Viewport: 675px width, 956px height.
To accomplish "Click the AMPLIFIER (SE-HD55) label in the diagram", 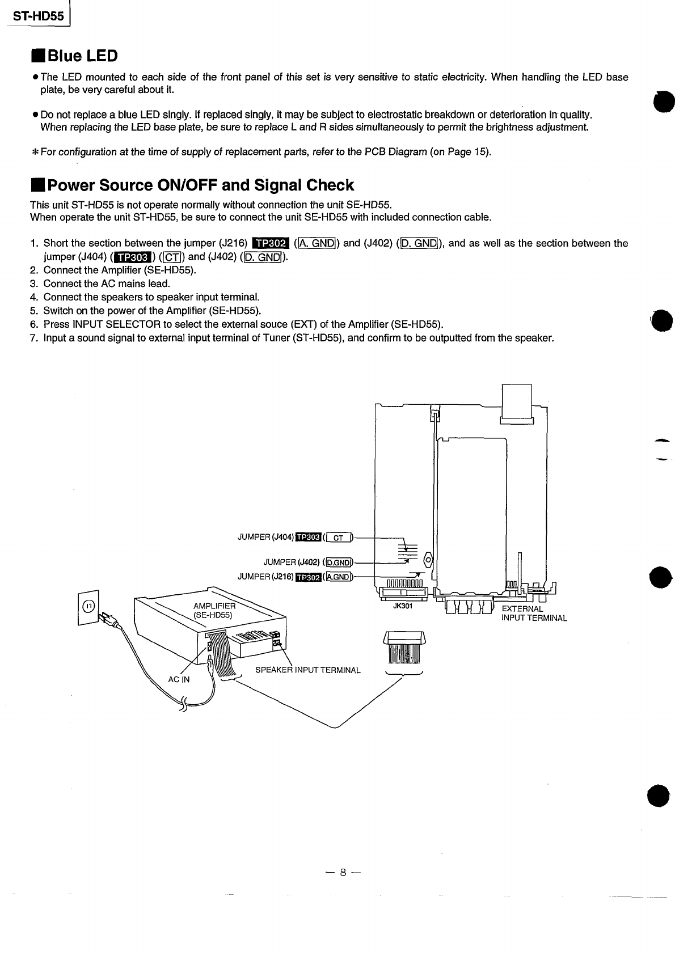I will tap(214, 611).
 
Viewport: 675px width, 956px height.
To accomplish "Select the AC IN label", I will tap(179, 679).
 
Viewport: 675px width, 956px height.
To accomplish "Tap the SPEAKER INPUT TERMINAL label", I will tap(307, 670).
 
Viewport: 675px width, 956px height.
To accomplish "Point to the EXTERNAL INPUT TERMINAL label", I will tap(533, 614).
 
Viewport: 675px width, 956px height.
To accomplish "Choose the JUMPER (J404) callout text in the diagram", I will tap(265, 537).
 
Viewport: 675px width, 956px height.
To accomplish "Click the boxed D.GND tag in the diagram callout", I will tap(337, 562).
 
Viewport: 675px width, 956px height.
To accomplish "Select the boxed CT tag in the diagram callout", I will tap(338, 538).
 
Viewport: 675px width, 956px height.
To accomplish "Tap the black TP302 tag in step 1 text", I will tap(271, 244).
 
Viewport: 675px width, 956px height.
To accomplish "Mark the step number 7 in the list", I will tap(33, 339).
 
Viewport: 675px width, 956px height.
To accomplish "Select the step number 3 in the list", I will tap(33, 284).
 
